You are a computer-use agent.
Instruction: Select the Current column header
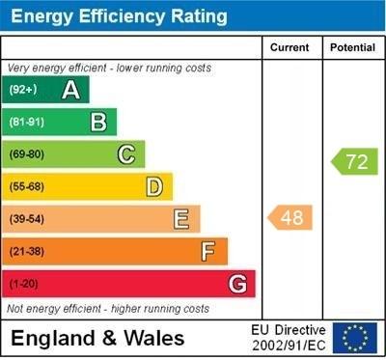click(x=289, y=47)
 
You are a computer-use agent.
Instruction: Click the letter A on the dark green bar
click(x=70, y=90)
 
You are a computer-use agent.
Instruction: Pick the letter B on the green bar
click(x=98, y=122)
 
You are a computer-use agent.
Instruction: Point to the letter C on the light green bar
click(x=126, y=154)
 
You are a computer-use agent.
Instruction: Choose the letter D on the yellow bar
click(x=154, y=186)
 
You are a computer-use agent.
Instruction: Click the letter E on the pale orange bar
click(x=181, y=219)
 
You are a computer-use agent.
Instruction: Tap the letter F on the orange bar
click(x=208, y=251)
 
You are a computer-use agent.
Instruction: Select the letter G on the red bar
click(x=237, y=284)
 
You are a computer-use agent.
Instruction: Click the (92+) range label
click(x=23, y=90)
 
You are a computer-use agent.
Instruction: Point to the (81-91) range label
click(x=27, y=123)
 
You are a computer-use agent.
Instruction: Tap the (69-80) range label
click(x=27, y=154)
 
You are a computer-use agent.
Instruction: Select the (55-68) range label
click(x=27, y=187)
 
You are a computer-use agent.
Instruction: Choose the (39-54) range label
click(x=27, y=219)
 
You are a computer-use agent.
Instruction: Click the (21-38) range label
click(x=27, y=252)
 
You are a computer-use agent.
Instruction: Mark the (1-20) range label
click(x=24, y=284)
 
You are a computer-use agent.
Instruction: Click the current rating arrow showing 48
click(x=290, y=218)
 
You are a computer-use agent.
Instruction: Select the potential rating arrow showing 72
click(x=354, y=161)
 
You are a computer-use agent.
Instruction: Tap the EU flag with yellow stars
click(x=355, y=337)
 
